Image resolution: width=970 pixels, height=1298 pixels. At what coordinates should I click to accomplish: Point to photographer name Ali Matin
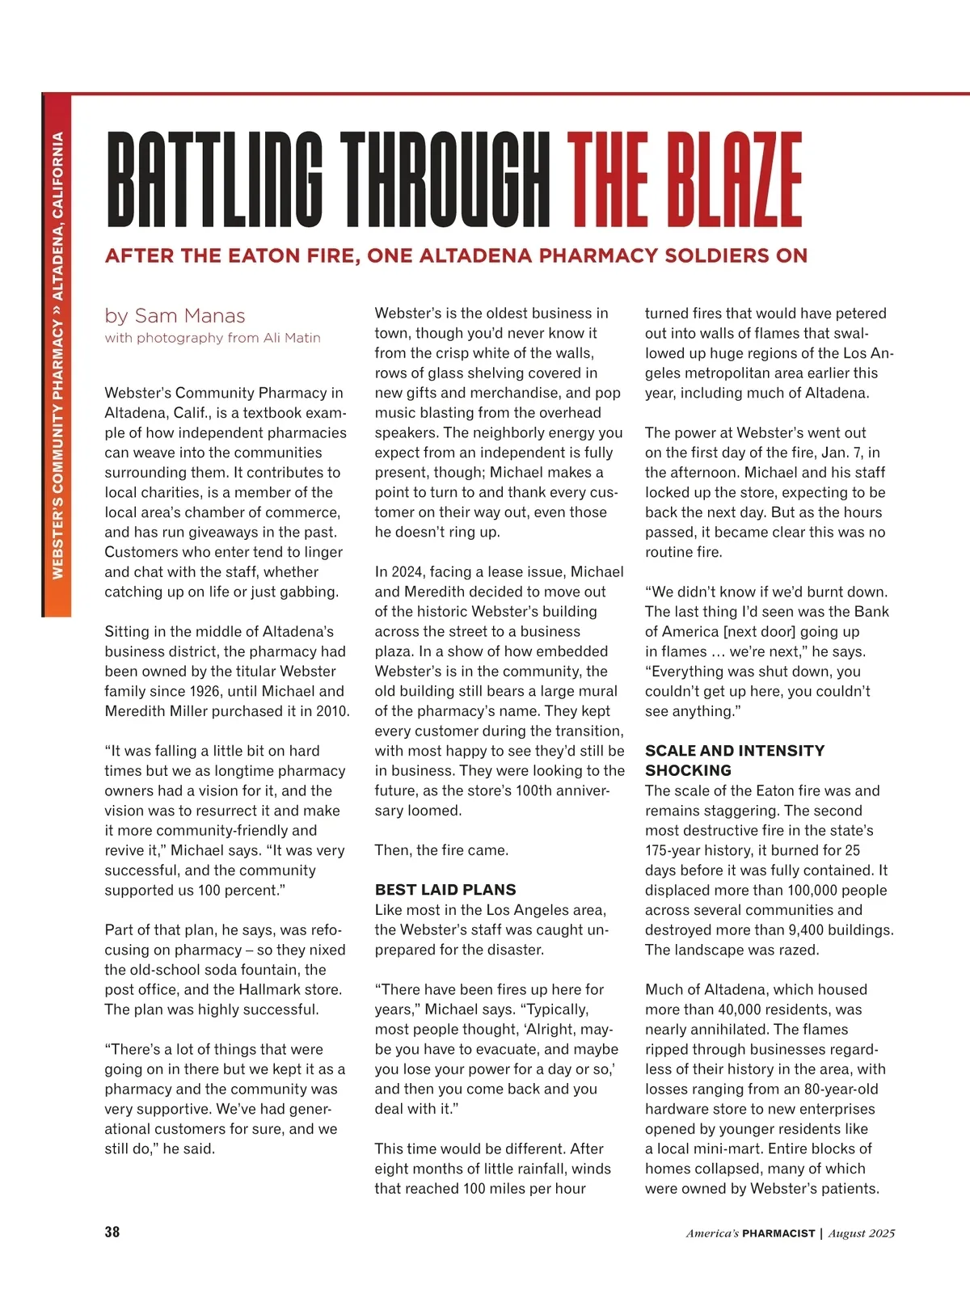[x=292, y=338]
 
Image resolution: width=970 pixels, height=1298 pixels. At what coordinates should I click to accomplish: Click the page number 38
[x=112, y=1232]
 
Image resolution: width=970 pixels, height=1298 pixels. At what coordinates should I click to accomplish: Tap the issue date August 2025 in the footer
[x=862, y=1233]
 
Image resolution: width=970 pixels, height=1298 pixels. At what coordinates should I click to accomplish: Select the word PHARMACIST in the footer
[x=778, y=1233]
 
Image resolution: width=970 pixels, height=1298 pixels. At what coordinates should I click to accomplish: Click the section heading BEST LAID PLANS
[x=445, y=890]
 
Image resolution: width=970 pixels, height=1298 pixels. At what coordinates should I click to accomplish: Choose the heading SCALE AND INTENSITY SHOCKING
[x=735, y=760]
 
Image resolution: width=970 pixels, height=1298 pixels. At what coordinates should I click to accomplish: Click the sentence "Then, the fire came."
[x=441, y=850]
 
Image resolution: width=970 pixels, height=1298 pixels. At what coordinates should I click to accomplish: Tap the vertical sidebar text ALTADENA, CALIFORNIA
[x=57, y=215]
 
